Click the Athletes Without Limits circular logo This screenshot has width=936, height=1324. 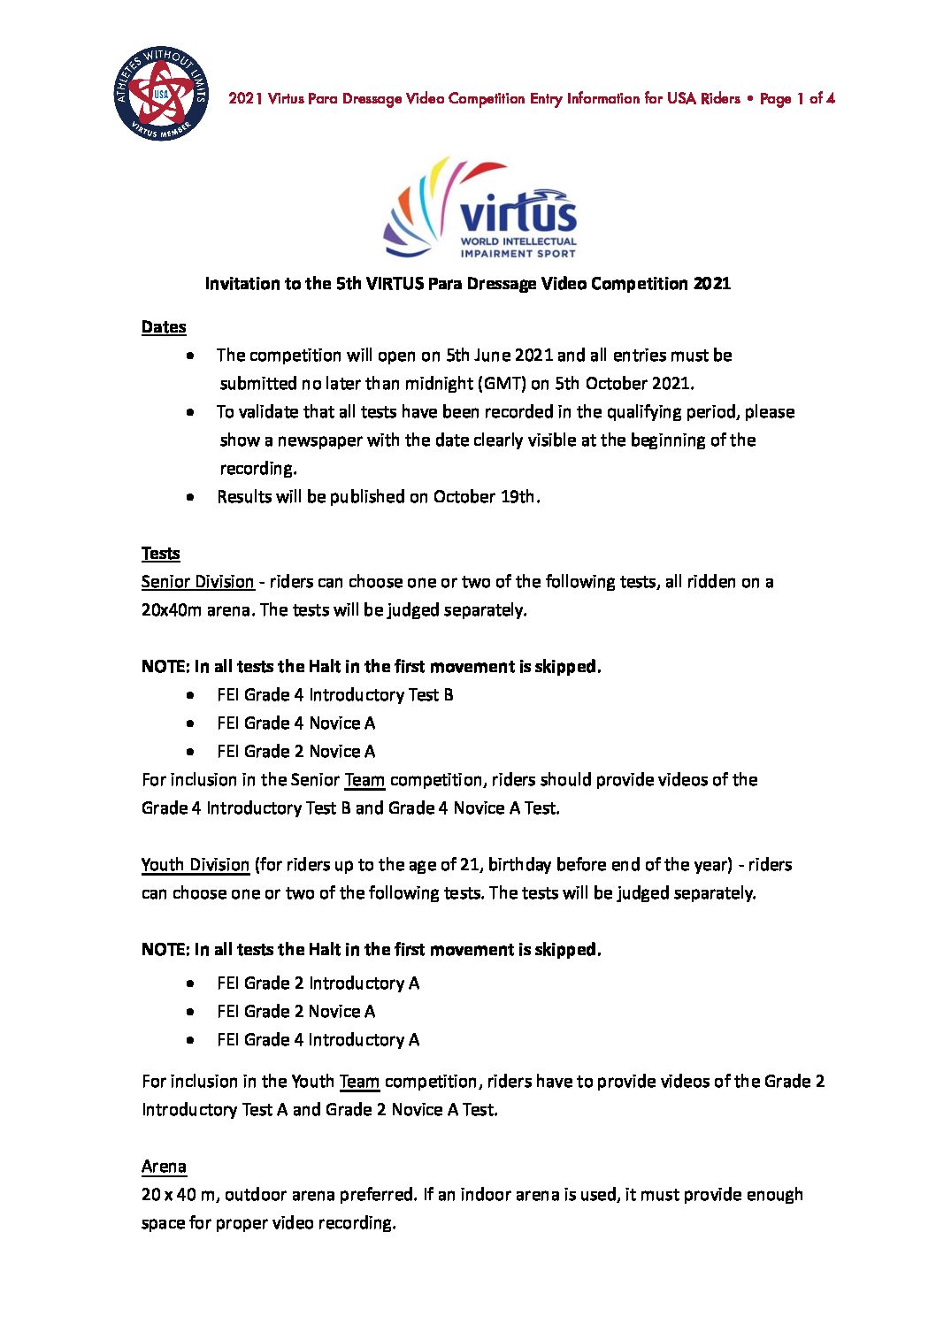(161, 96)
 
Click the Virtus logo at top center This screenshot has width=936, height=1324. (480, 209)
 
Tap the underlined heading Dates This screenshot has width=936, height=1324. (164, 327)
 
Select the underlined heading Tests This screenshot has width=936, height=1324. (160, 554)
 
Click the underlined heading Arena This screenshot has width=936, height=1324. (164, 1167)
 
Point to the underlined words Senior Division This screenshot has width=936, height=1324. (197, 582)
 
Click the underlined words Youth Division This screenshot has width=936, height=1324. (196, 865)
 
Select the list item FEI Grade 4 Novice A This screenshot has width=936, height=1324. (295, 723)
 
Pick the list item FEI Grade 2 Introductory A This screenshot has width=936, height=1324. (318, 983)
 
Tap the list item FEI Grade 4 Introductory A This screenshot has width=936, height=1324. (318, 1040)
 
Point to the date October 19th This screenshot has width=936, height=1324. (484, 497)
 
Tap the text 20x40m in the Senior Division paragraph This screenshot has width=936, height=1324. (172, 610)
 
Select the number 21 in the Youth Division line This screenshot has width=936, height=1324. (470, 865)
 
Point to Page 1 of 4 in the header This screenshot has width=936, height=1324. (797, 98)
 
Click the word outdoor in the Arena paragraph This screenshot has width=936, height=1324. (256, 1195)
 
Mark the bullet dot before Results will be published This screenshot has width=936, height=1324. (191, 497)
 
